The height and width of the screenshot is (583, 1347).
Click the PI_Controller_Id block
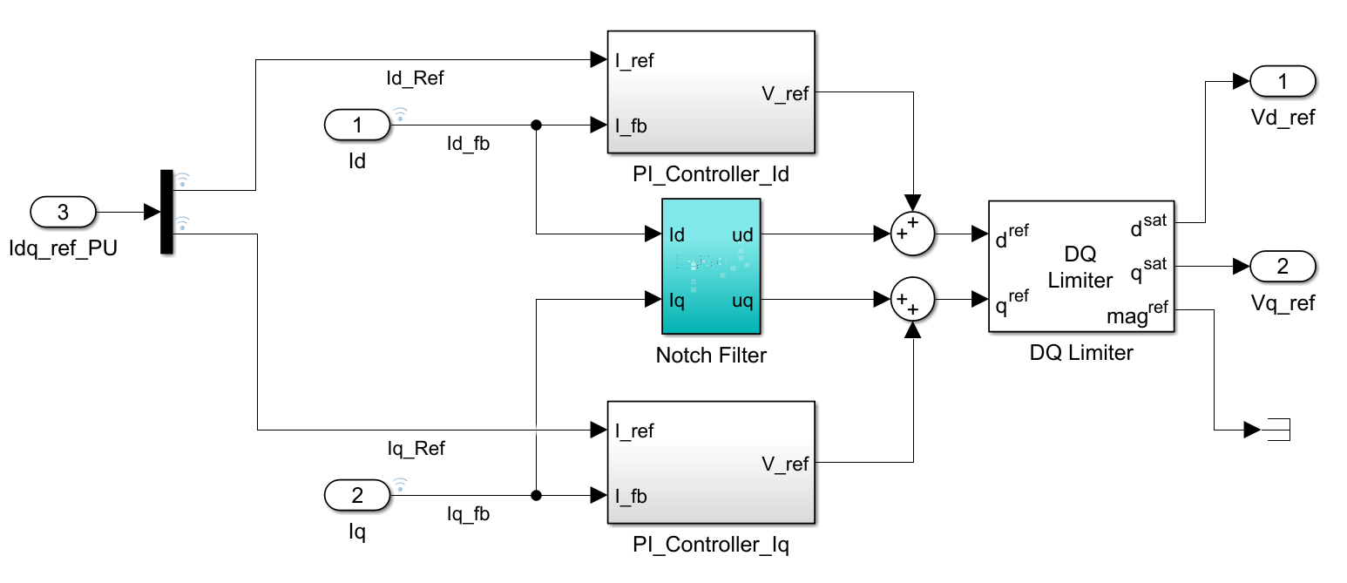coord(710,92)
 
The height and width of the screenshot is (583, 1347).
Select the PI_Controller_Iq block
coord(710,462)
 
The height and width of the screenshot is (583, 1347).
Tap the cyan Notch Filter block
coord(711,266)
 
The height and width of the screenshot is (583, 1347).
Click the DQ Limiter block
coord(1080,266)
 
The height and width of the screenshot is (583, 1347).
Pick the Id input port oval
coord(357,125)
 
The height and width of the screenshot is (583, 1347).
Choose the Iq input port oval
coord(357,496)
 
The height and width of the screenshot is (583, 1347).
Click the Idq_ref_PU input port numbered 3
coord(63,212)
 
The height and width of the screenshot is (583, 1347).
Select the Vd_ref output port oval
coord(1283,82)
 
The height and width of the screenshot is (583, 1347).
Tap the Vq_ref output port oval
coord(1283,266)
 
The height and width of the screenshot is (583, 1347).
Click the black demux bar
coord(166,212)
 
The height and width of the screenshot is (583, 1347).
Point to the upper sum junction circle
coord(912,234)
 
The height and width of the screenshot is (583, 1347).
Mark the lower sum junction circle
coord(912,301)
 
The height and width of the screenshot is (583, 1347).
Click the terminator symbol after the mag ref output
coord(1276,430)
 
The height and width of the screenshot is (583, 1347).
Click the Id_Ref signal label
coord(415,78)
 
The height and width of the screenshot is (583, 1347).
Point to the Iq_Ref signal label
coord(416,449)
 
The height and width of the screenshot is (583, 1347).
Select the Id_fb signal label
coord(468,144)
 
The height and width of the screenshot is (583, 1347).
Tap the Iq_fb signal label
coord(468,514)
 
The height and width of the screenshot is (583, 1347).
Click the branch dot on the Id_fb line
coord(536,125)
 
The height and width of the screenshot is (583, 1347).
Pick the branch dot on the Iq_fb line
coord(536,496)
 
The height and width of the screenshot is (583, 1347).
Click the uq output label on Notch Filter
coord(742,301)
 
